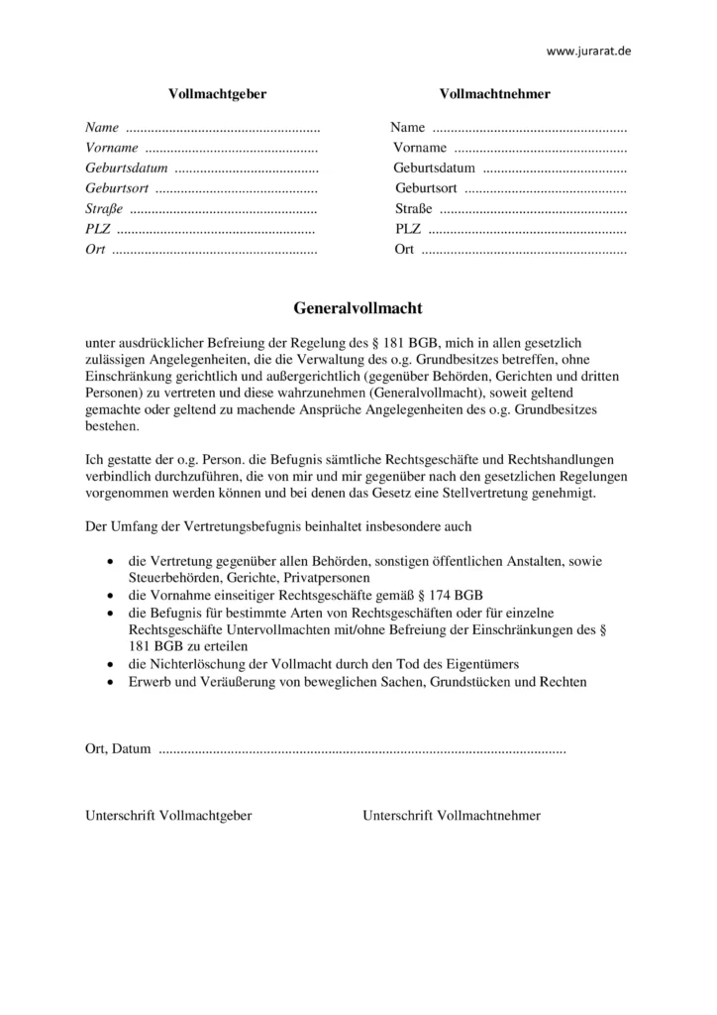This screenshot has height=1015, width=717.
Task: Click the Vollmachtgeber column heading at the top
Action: click(218, 94)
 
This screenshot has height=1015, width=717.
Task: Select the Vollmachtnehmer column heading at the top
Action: click(494, 94)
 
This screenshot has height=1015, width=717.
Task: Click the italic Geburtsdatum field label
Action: click(127, 168)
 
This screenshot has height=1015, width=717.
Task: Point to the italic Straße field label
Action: click(104, 208)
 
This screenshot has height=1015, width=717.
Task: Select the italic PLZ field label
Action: click(97, 229)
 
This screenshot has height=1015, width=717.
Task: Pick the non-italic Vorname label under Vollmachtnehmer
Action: click(419, 148)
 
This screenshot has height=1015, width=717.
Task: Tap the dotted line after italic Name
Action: click(224, 128)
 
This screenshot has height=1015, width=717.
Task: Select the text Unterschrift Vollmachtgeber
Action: click(168, 816)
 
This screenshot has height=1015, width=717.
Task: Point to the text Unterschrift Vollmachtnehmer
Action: click(452, 816)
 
